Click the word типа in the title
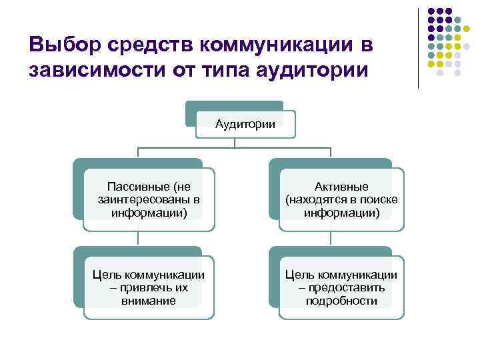[232, 69]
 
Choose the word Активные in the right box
[341, 187]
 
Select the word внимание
[148, 301]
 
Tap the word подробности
[341, 301]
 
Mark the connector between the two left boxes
[138, 239]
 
